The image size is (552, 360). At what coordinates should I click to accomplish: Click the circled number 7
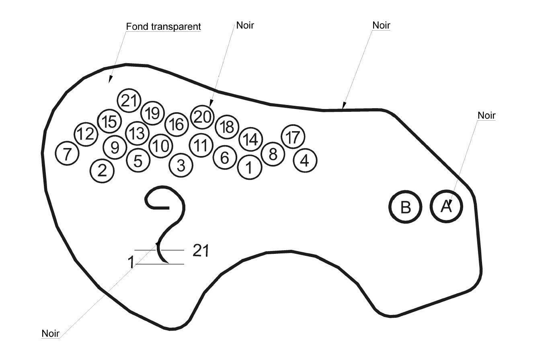tap(67, 153)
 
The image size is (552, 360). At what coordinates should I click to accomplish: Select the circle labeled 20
tap(202, 117)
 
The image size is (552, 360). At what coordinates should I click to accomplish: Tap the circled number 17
tap(293, 137)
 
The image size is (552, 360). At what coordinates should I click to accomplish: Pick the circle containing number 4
tap(305, 160)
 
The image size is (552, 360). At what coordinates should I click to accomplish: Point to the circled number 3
tap(181, 165)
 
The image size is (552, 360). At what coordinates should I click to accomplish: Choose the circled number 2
tap(103, 171)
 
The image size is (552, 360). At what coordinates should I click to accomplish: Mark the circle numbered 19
tap(153, 113)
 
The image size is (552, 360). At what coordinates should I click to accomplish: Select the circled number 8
tap(273, 154)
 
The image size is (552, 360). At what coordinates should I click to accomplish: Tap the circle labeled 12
tap(86, 134)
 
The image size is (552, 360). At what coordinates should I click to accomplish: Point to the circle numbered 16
tap(176, 124)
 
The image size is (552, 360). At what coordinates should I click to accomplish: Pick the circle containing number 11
tap(201, 145)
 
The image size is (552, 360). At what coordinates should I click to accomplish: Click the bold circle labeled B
tap(405, 207)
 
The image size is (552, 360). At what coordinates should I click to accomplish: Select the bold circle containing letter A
tap(446, 206)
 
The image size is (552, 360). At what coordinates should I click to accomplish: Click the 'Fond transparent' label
tap(163, 27)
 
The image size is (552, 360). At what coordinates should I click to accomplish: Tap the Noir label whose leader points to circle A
tap(486, 115)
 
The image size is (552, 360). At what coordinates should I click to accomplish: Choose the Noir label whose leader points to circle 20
tap(245, 25)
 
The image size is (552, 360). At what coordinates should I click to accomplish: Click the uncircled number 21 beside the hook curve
tap(201, 251)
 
